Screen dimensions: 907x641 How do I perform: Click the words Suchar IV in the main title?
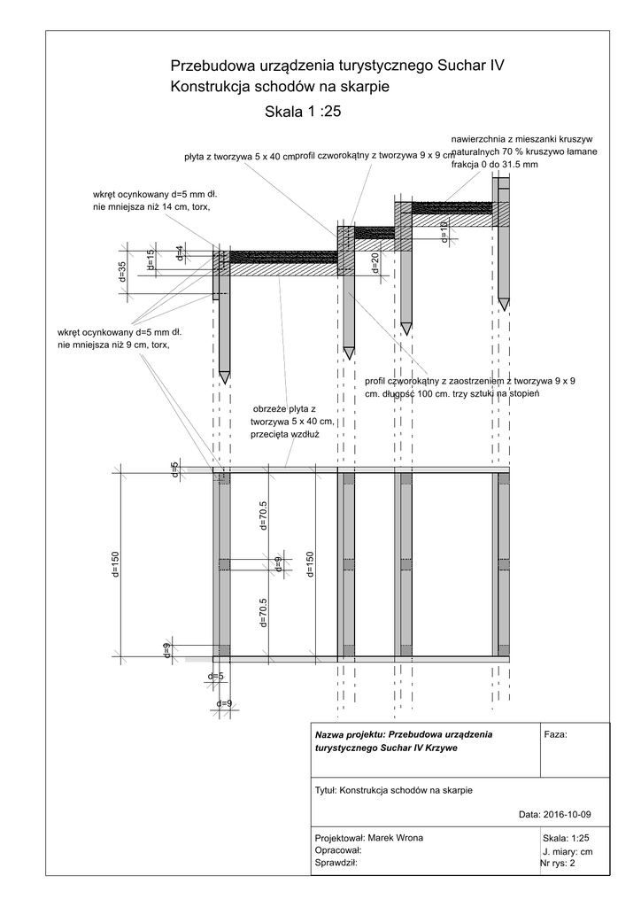470,66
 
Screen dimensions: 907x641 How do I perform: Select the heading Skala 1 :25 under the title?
303,112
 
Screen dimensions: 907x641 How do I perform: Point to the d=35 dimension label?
123,271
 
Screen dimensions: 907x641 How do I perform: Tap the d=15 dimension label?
151,258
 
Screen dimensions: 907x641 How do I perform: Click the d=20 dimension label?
375,262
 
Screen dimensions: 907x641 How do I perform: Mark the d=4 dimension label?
180,252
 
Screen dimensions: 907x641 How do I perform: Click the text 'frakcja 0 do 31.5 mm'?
494,166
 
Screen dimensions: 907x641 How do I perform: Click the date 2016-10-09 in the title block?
567,814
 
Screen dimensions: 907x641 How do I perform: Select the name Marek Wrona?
395,838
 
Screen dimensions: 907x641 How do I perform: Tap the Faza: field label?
554,735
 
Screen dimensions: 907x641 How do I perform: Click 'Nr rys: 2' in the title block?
558,863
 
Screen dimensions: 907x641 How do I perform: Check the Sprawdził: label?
336,862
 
